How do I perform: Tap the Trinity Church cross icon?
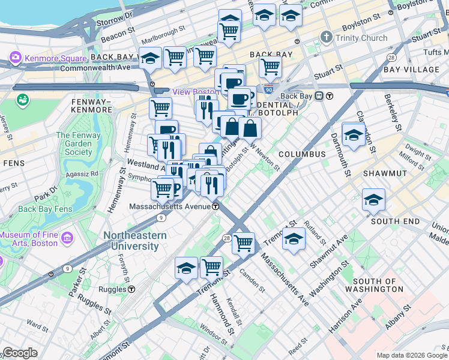pos(326,38)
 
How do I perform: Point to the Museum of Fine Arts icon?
pos(66,239)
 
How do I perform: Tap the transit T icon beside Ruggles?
pos(131,289)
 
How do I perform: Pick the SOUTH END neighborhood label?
pos(395,221)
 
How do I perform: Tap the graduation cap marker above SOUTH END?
pos(373,200)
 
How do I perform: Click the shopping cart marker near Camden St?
pos(243,243)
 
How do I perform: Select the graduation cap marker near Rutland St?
pos(294,239)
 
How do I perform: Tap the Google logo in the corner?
pos(20,353)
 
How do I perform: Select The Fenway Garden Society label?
pos(79,144)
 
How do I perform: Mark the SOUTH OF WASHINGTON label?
pos(378,285)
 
